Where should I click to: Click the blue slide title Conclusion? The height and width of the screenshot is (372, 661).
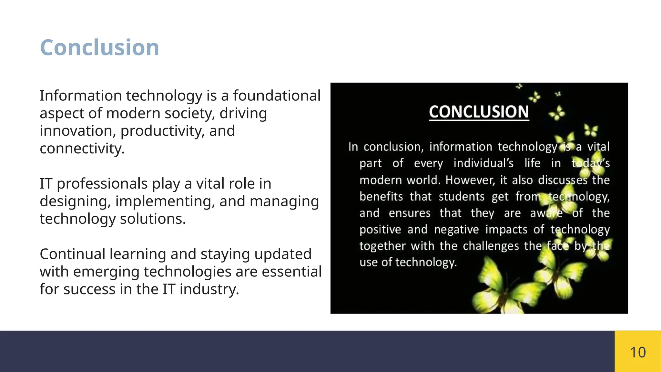point(99,47)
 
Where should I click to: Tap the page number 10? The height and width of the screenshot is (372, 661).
point(638,352)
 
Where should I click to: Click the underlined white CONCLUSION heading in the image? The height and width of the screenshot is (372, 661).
point(479,112)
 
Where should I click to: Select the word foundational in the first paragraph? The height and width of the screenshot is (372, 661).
point(277,96)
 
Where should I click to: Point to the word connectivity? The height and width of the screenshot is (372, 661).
point(82,149)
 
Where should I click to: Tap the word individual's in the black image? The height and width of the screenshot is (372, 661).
point(483,163)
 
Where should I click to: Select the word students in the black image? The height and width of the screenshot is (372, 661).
point(461,196)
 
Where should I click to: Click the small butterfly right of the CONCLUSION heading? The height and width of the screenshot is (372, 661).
point(557,113)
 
